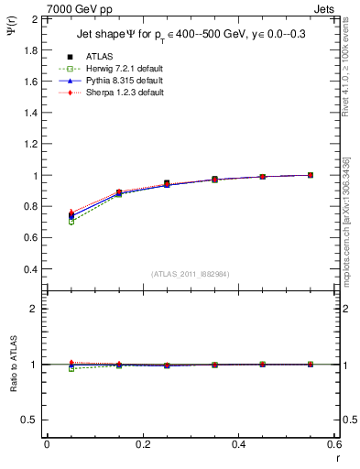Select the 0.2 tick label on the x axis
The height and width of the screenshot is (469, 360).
click(142, 444)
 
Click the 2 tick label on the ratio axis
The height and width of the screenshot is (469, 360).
click(33, 309)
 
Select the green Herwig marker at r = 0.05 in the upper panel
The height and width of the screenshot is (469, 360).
click(47, 222)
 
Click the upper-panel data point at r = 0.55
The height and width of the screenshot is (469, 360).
click(310, 175)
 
